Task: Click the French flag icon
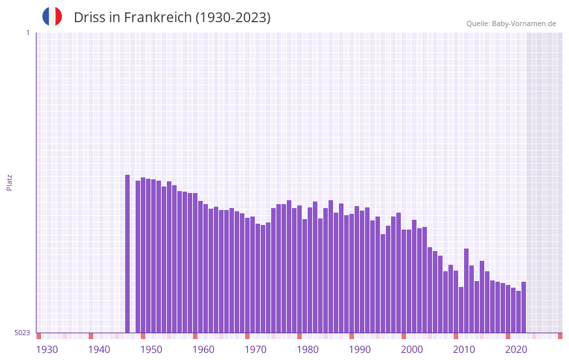point(52,16)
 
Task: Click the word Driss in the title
point(89,18)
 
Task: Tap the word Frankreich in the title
point(155,18)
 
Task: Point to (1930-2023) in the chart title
point(233,18)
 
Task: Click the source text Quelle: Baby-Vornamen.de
point(511,23)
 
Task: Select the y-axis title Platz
point(9,182)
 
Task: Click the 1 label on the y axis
point(27,33)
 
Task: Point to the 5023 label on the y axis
point(22,333)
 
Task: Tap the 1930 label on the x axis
point(47,350)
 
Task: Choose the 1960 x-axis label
point(203,350)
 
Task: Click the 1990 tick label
point(360,350)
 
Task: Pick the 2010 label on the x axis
point(464,350)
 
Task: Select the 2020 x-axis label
point(516,350)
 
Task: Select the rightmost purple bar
point(523,307)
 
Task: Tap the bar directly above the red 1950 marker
point(143,254)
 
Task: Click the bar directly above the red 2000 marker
point(404,280)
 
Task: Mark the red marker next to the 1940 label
point(91,336)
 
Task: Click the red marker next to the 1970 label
point(248,336)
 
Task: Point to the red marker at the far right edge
point(560,336)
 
